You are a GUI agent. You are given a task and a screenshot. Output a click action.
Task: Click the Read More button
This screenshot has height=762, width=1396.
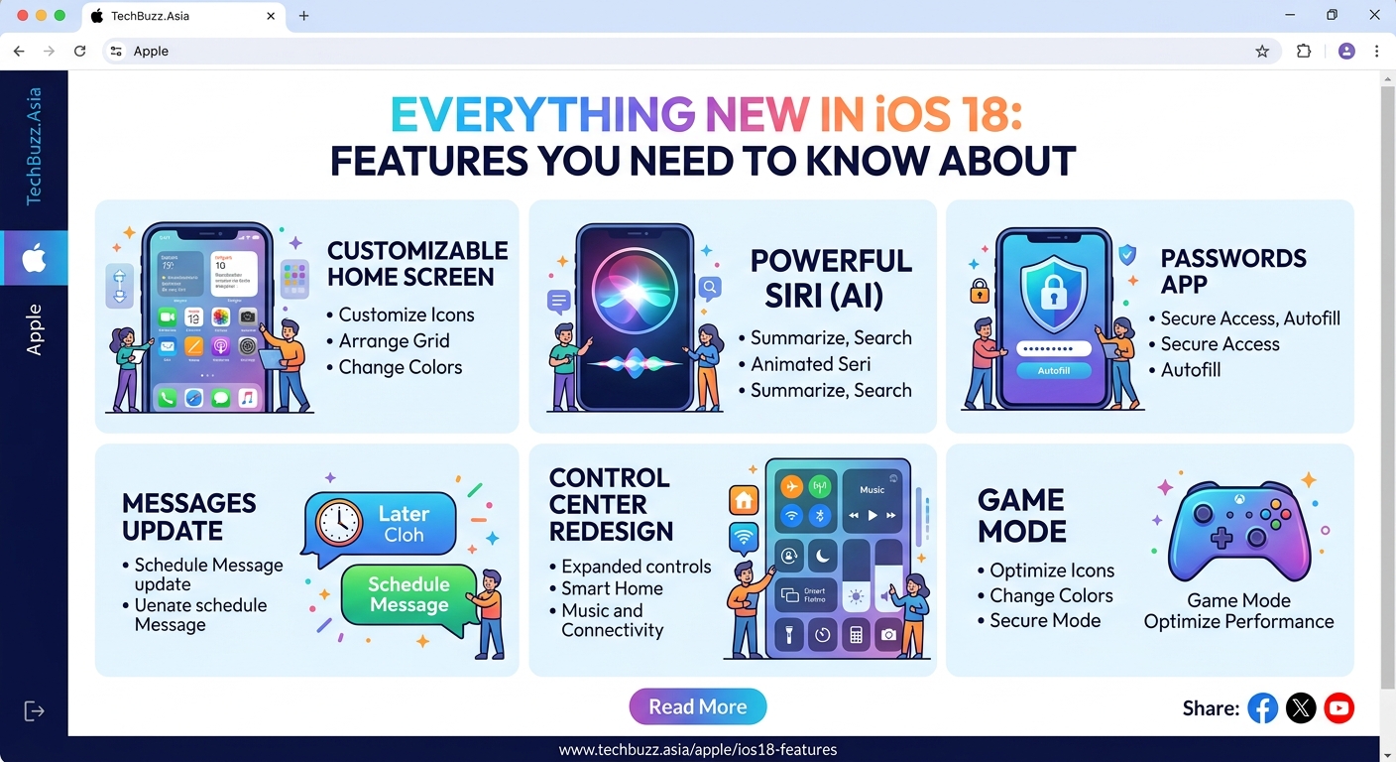click(697, 706)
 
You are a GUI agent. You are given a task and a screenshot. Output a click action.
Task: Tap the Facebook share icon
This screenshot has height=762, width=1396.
click(1262, 707)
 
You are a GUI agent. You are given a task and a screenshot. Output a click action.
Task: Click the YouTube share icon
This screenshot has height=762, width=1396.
click(1338, 707)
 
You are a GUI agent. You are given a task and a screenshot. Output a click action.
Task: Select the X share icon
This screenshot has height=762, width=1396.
click(1301, 707)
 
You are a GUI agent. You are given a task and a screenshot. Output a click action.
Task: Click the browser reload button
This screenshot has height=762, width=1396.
click(80, 51)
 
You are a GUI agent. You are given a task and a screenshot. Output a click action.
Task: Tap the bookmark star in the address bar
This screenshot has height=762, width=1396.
click(1262, 52)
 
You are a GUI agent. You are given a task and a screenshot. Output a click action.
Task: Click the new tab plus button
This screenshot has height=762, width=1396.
click(303, 16)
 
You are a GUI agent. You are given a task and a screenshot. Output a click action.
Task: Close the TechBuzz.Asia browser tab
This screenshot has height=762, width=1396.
click(271, 16)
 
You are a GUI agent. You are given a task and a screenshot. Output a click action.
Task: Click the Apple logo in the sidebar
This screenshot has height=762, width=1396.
click(34, 259)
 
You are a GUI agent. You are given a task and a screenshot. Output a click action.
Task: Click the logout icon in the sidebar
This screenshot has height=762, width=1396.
click(34, 710)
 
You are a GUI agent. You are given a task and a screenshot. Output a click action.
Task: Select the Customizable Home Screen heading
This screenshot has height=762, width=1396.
click(417, 263)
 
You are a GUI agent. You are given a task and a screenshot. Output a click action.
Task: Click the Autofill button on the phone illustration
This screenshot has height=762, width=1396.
click(1052, 370)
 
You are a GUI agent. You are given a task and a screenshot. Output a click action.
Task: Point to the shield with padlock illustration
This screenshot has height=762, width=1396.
click(1052, 292)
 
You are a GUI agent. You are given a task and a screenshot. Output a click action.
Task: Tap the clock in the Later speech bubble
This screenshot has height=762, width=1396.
click(340, 522)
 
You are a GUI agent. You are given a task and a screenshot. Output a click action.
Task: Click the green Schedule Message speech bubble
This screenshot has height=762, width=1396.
click(409, 596)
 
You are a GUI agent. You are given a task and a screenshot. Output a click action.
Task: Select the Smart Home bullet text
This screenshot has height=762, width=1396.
click(612, 588)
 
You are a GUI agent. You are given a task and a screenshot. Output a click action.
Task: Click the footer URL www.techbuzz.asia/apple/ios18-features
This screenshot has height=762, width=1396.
click(697, 750)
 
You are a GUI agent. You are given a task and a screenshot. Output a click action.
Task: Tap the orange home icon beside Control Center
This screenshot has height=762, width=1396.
click(744, 499)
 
